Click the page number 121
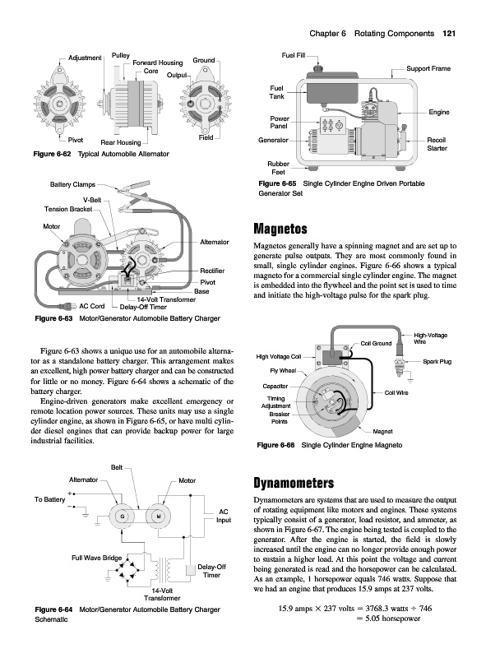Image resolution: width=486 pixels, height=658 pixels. pos(449,34)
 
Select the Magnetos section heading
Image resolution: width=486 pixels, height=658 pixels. pos(280,229)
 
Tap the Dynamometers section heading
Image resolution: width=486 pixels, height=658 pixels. pos(294,483)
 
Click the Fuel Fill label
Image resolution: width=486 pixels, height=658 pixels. pos(294,55)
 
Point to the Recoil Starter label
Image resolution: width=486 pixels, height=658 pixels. pos(437,144)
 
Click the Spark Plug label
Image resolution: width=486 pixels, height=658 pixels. pos(437,361)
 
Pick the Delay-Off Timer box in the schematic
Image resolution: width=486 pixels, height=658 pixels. pos(191,570)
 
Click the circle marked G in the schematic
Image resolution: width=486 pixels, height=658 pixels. pos(123,517)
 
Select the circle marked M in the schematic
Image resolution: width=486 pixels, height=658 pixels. pos(158,517)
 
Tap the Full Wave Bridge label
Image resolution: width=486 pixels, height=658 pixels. pos(96,558)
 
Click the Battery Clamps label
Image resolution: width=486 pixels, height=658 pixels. pos(72,184)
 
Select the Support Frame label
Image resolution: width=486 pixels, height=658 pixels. pos(428,68)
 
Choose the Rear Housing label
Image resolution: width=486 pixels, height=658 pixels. pos(120,142)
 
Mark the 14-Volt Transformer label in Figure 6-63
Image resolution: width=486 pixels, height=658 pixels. pos(166,299)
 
